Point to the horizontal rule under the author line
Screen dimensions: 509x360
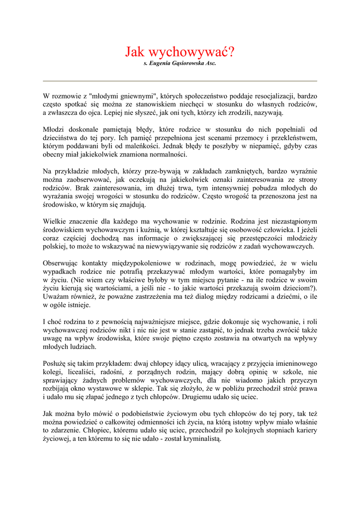(180, 81)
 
